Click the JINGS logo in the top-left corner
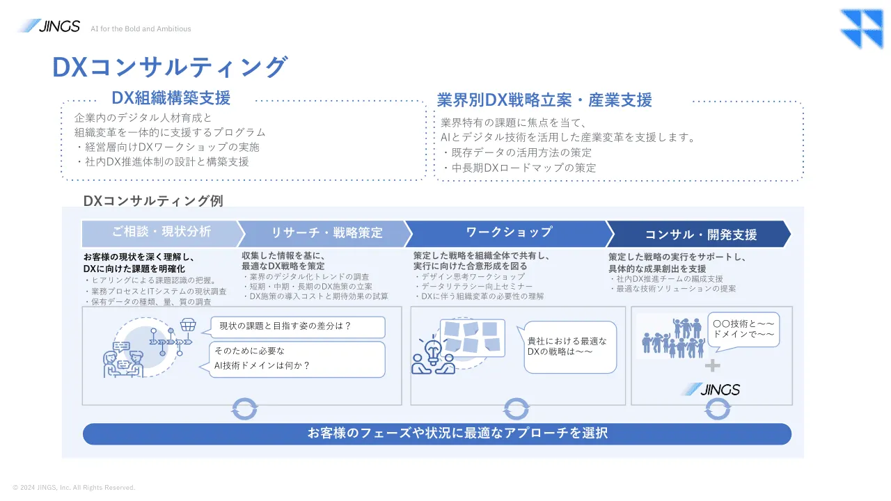[x=48, y=26]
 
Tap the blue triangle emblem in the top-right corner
[x=861, y=29]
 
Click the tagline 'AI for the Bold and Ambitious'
[x=141, y=29]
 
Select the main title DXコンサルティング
[x=169, y=67]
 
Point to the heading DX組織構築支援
[x=171, y=98]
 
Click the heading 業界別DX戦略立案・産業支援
[x=544, y=100]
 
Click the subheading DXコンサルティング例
[x=153, y=201]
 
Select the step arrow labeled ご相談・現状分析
[x=161, y=232]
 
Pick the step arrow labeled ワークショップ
[x=508, y=232]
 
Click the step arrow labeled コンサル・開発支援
[x=700, y=234]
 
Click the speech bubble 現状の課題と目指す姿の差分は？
[x=298, y=326]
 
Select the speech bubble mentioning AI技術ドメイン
[x=298, y=358]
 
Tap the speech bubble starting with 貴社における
[x=569, y=347]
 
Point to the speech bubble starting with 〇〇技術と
[x=744, y=330]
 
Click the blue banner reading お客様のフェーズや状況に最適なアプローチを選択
[x=437, y=434]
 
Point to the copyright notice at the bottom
[x=74, y=488]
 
